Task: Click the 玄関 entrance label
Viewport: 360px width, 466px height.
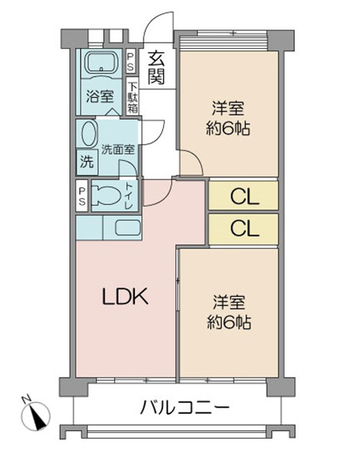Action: coord(157,68)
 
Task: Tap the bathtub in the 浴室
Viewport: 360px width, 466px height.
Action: coord(102,63)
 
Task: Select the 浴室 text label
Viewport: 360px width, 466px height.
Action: coord(100,96)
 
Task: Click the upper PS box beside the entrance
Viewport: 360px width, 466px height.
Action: coord(130,61)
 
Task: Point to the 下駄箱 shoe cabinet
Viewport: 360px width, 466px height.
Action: coord(133,96)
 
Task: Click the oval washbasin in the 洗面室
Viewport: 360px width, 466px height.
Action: coord(88,134)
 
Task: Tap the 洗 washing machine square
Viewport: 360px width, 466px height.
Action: coord(87,162)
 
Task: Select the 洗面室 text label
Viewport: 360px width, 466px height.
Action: coord(117,149)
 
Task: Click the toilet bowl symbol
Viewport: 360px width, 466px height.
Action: coord(106,195)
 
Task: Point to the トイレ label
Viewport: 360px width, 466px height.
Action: coord(129,196)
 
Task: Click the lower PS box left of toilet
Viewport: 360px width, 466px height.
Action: coord(81,196)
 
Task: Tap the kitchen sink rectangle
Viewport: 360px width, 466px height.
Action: coord(127,228)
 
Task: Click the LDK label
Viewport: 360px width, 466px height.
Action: coord(125,296)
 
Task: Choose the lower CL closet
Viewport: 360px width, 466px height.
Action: coord(244,229)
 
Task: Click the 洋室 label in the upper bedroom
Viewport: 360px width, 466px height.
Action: coord(228,108)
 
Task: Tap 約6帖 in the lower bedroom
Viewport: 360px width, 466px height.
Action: coord(229,322)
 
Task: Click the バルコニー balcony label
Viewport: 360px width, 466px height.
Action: coord(185,407)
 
